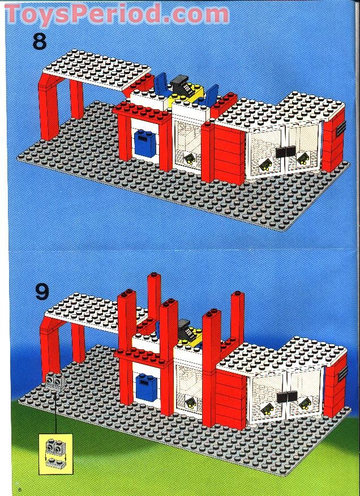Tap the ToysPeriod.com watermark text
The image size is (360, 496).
coord(116,12)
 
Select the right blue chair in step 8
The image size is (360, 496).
coord(211,95)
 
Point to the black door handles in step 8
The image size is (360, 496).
coord(286,152)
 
